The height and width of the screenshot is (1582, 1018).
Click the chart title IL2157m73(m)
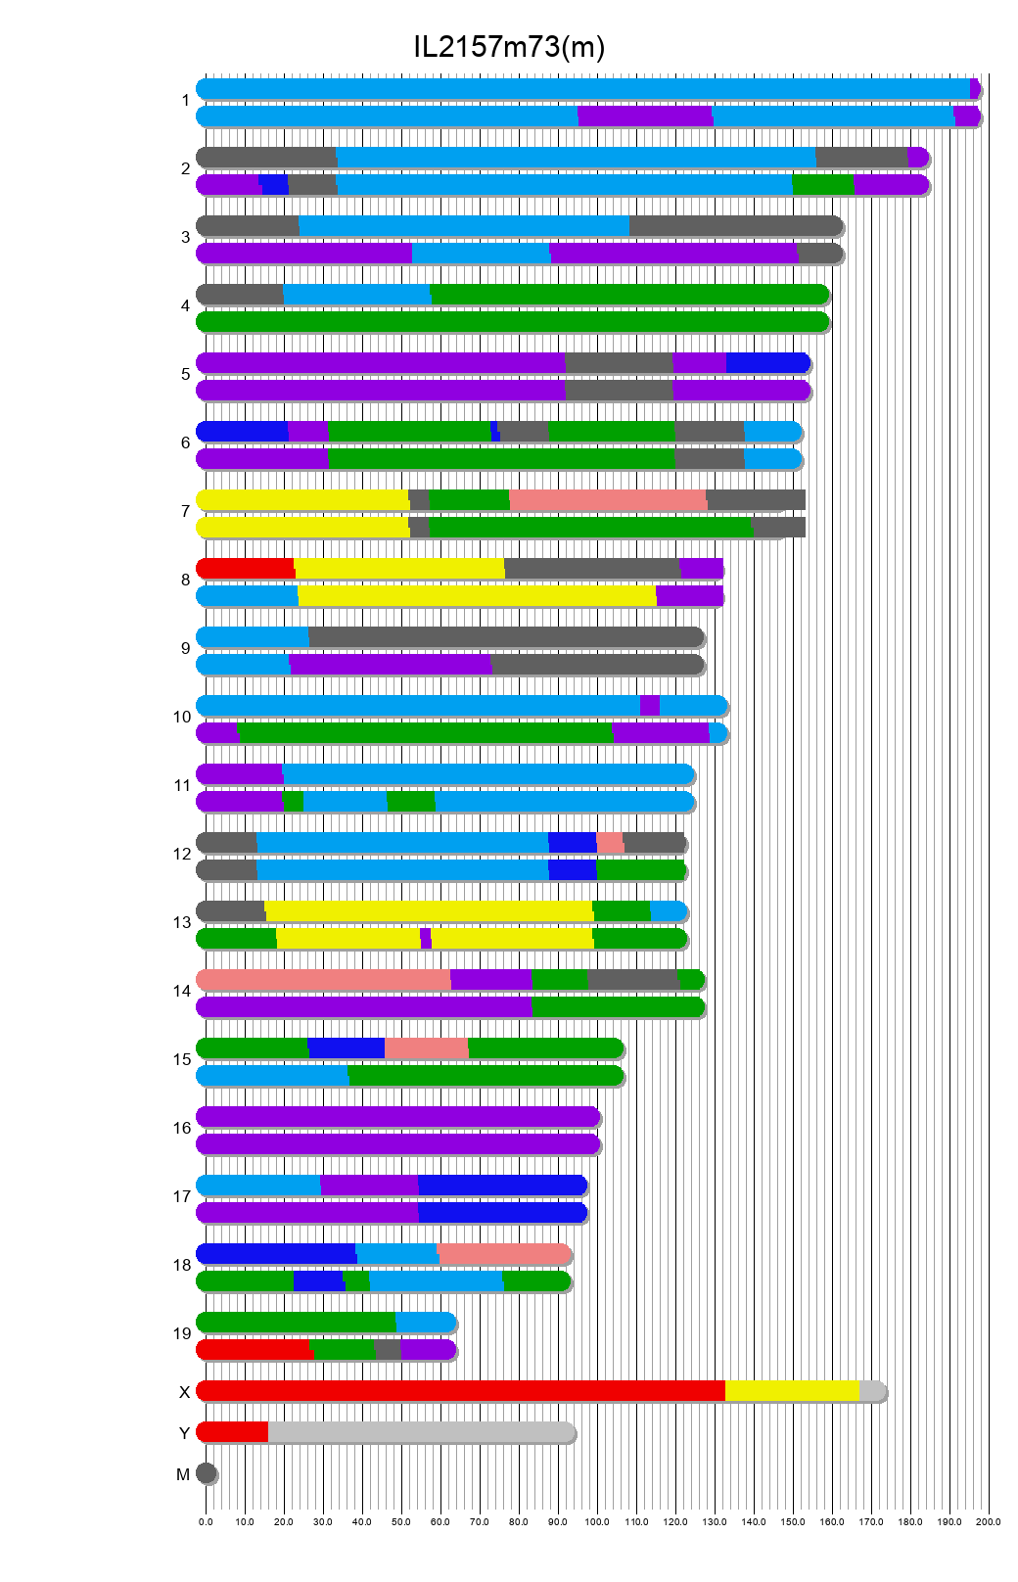pyautogui.click(x=509, y=47)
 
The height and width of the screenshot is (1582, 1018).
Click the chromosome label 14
pyautogui.click(x=182, y=992)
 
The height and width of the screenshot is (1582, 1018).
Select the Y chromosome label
pyautogui.click(x=184, y=1434)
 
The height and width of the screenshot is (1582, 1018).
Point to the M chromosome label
pyautogui.click(x=183, y=1475)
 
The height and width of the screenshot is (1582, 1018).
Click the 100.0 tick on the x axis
pyautogui.click(x=597, y=1522)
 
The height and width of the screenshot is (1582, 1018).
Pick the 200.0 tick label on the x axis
pyautogui.click(x=989, y=1522)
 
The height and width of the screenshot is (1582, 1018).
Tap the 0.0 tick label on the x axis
pyautogui.click(x=206, y=1522)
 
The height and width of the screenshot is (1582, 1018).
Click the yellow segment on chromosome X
pyautogui.click(x=792, y=1391)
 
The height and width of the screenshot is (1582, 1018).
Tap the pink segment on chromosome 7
pyautogui.click(x=608, y=500)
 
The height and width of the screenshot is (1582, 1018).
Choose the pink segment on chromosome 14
pyautogui.click(x=323, y=980)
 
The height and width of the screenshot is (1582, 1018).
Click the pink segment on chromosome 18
pyautogui.click(x=503, y=1254)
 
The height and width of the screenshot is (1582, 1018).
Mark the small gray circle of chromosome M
pyautogui.click(x=206, y=1473)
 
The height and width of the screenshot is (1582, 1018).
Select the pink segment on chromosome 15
pyautogui.click(x=427, y=1048)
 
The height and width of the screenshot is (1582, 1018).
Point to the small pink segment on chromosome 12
pyautogui.click(x=610, y=843)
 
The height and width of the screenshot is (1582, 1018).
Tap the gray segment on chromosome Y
pyautogui.click(x=421, y=1432)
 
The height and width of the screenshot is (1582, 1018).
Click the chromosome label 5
pyautogui.click(x=185, y=375)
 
